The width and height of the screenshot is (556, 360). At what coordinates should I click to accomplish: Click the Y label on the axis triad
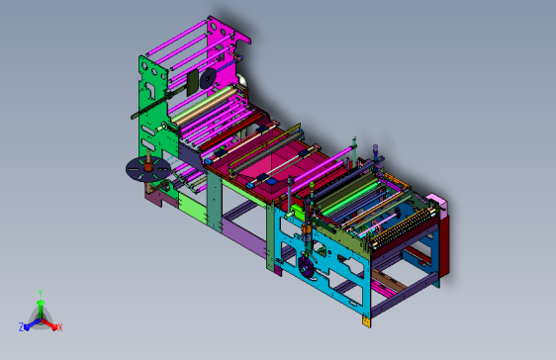click(x=41, y=294)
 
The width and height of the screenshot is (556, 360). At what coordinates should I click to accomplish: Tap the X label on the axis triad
click(x=60, y=327)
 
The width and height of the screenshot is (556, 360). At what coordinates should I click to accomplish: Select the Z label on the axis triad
click(x=21, y=327)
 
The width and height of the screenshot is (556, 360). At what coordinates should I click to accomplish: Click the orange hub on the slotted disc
click(x=148, y=165)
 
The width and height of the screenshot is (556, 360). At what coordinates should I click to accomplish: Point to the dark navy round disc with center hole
click(x=208, y=79)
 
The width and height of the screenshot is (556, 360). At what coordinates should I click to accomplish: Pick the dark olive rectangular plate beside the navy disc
click(x=193, y=82)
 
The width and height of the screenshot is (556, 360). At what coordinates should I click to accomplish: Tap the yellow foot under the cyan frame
click(x=366, y=321)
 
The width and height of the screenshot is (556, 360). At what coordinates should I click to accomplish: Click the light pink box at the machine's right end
click(x=437, y=202)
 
